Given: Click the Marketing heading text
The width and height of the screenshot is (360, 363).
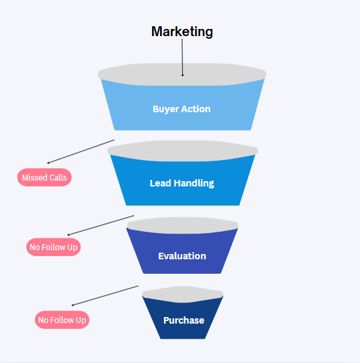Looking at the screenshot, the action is point(182,32).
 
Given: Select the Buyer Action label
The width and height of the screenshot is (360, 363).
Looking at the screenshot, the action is point(182,109).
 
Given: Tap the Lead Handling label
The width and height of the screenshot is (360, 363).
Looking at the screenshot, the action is point(182,183).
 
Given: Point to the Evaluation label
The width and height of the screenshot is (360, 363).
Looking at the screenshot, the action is point(182,256).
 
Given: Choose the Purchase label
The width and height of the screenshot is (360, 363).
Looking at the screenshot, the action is point(184,320).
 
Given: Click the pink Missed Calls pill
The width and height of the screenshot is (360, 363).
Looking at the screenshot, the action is point(45,177).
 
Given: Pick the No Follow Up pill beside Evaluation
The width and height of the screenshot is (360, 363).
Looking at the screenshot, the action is point(54,247).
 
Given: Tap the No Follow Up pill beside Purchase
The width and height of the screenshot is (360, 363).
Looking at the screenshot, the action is point(62,320).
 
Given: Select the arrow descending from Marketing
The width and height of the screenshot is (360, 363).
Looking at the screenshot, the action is point(182,57).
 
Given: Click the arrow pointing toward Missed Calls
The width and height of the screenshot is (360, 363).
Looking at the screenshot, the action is point(81,152).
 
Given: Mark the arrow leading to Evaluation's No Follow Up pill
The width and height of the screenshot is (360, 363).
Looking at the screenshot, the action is point(101,225).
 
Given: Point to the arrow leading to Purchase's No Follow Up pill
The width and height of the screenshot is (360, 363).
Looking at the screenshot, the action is point(105,296).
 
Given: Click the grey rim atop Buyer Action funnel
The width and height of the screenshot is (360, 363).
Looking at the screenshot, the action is point(182,75).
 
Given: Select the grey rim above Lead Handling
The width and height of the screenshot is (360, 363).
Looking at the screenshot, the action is point(183,151).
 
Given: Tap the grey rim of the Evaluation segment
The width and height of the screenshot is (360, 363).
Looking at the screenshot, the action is point(182,225).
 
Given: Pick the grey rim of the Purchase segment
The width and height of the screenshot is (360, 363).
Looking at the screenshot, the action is point(183,294).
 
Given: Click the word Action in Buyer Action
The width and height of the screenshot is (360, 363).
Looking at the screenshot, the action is point(196,109).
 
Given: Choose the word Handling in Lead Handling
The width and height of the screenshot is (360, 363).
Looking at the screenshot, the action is point(193,183).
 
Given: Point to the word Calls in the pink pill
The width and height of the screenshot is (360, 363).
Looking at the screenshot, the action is point(58,178).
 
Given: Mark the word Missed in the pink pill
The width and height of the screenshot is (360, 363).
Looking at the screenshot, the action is point(35,178).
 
